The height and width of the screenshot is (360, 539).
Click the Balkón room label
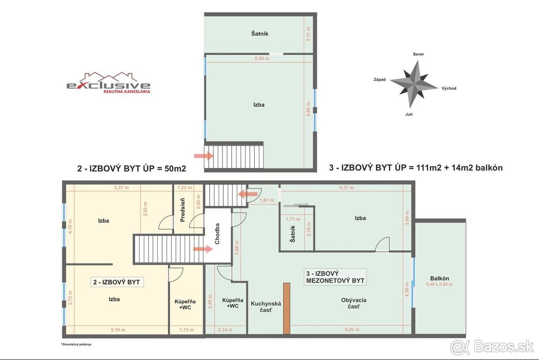[439, 278]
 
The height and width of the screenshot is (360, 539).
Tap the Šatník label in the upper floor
[260, 34]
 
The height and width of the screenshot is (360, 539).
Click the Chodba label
[217, 234]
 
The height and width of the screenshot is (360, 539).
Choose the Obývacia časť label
[353, 303]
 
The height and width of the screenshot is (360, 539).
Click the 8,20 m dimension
[352, 329]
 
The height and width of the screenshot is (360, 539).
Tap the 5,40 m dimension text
[261, 58]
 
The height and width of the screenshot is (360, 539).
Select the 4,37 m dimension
[346, 188]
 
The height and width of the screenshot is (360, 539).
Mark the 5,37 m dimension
[119, 188]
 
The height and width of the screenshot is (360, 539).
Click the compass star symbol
[413, 84]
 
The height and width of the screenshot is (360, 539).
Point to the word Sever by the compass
[418, 54]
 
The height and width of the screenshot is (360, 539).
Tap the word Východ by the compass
[448, 88]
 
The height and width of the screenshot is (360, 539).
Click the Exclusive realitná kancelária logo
[109, 83]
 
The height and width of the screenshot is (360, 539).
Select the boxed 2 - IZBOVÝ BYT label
[116, 282]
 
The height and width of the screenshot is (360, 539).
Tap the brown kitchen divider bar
[286, 308]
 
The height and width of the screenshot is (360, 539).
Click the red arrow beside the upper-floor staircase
[203, 156]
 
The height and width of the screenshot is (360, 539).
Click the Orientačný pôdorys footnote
[79, 345]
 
